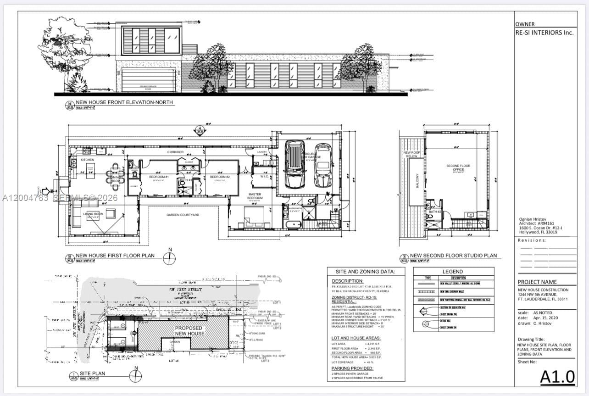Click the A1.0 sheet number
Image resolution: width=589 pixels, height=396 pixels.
pos(557,376)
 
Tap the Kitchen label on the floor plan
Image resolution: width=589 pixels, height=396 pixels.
pos(87,160)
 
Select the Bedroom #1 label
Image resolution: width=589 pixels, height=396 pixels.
pos(159,177)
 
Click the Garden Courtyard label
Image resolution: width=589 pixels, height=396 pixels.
pos(183,214)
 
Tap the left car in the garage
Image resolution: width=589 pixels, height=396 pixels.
pos(295,164)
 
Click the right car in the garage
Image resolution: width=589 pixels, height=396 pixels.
pos(323,165)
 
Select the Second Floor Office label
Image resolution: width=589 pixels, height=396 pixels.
pos(458,167)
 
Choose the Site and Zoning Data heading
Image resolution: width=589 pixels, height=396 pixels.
pos(366,271)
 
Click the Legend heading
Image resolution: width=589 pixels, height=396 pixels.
pos(452,271)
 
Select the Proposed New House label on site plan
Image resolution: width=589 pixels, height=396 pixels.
pos(189,331)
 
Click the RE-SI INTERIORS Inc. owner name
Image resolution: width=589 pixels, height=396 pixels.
pos(545,33)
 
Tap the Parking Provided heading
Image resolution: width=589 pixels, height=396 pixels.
pos(352,368)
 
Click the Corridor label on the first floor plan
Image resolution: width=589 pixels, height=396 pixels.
pos(175,152)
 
